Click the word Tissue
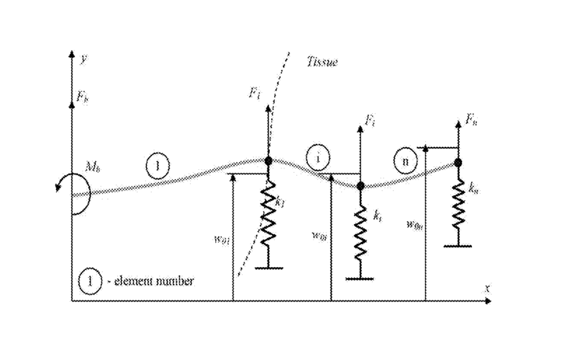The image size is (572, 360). click(x=321, y=63)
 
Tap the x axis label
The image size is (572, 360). click(x=486, y=288)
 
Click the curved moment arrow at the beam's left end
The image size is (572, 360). click(x=74, y=189)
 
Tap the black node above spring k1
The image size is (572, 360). click(x=268, y=161)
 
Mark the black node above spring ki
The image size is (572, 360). click(x=360, y=186)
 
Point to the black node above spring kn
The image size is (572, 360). click(x=458, y=163)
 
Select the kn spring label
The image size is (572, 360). click(x=473, y=191)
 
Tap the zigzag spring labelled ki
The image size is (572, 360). click(x=360, y=231)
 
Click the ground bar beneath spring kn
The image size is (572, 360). click(x=458, y=246)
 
